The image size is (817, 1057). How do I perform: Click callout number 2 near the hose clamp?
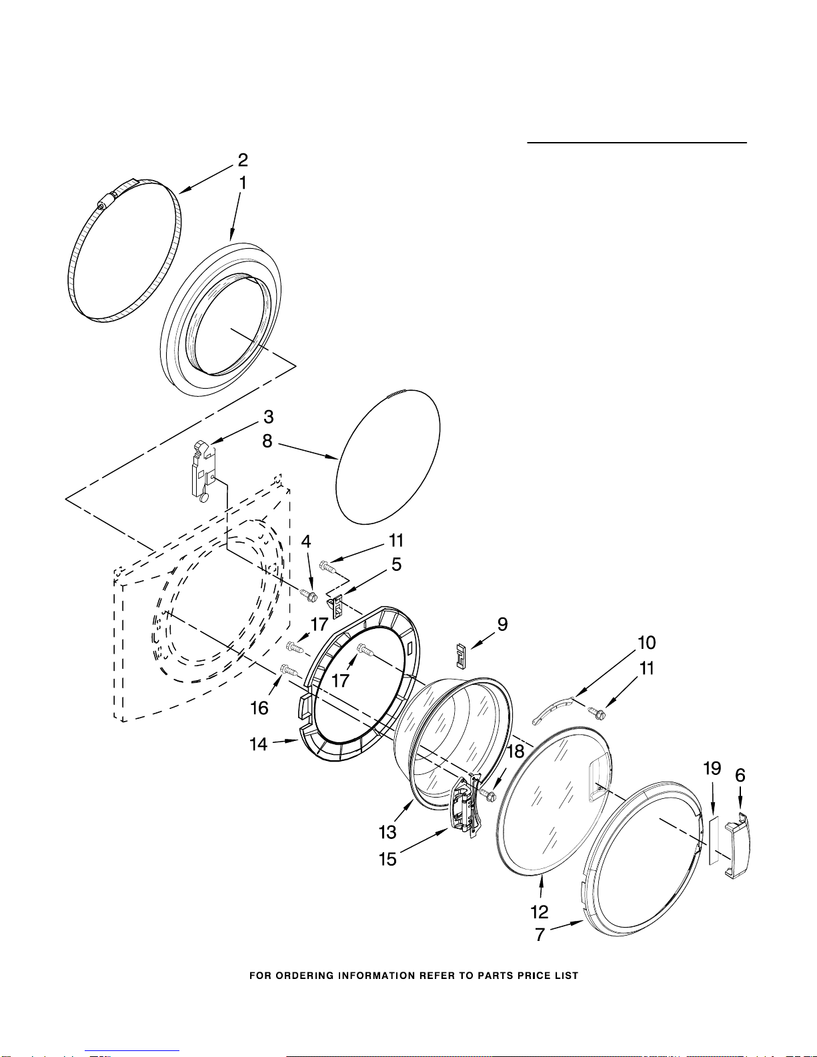[x=243, y=160]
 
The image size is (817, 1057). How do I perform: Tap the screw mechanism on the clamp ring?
[x=106, y=201]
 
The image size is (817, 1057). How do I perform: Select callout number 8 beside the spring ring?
[x=267, y=441]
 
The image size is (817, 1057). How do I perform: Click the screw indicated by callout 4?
[x=308, y=594]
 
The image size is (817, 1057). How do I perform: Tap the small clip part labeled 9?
[x=460, y=654]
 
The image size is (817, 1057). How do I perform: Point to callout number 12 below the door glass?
[x=540, y=912]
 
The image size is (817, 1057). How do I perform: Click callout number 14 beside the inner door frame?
[x=258, y=744]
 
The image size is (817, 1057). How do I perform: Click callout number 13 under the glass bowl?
[x=387, y=832]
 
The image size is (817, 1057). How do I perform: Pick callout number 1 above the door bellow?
[x=243, y=183]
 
